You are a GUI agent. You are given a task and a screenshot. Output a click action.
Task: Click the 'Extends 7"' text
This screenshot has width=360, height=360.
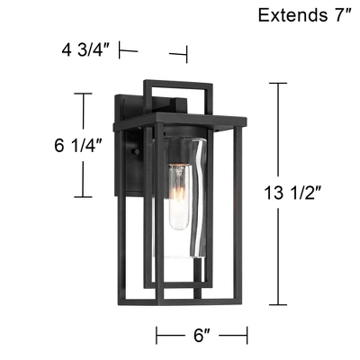click(303, 15)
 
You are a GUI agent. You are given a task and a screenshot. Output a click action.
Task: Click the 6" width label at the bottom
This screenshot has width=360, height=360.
click(202, 336)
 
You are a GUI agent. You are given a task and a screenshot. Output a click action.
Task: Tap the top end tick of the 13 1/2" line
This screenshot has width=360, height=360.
click(276, 84)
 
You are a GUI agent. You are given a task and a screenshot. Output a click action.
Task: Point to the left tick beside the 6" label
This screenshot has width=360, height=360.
click(157, 336)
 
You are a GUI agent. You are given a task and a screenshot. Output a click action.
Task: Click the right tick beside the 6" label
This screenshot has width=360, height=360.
click(247, 336)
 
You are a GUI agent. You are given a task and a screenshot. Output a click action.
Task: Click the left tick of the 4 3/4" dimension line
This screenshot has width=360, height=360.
click(121, 52)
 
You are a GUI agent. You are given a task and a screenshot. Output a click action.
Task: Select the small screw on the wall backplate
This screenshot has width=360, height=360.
click(136, 153)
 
